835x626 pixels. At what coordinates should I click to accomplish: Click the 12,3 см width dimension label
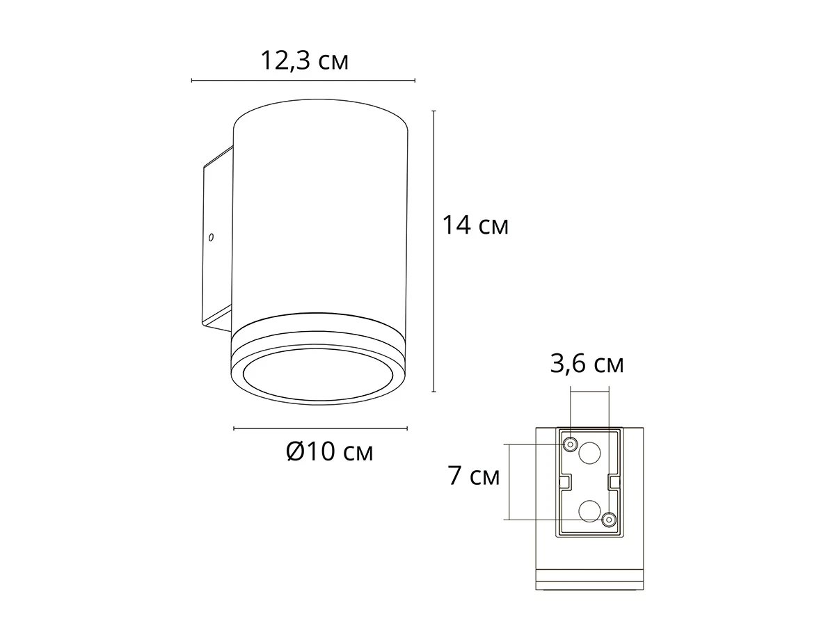pos(304,61)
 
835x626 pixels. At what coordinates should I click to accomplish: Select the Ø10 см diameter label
pos(329,452)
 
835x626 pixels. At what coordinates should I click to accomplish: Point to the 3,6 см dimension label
pos(587,364)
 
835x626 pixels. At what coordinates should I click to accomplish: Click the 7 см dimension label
pos(474,476)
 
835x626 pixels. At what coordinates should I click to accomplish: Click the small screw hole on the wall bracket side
pos(211,238)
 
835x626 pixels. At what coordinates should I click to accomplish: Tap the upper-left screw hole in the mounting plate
pos(570,444)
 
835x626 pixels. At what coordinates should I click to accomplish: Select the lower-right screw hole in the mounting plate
pos(609,520)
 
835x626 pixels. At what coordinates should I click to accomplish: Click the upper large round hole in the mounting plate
pos(589,453)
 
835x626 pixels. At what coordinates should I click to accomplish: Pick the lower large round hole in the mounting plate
pos(589,511)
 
